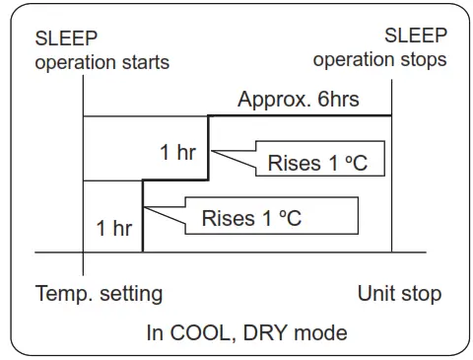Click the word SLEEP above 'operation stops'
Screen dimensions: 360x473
(x=416, y=36)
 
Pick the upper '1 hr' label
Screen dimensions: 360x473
(x=178, y=153)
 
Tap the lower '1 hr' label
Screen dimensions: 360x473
(x=114, y=228)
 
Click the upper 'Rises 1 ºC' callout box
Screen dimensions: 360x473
(x=316, y=164)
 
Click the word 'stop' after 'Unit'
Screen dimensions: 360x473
(x=421, y=294)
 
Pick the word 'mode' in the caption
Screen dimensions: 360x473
(x=317, y=332)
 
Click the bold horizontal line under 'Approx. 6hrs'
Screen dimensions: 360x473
(x=301, y=115)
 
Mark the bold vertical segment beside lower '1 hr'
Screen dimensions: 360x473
(x=144, y=217)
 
